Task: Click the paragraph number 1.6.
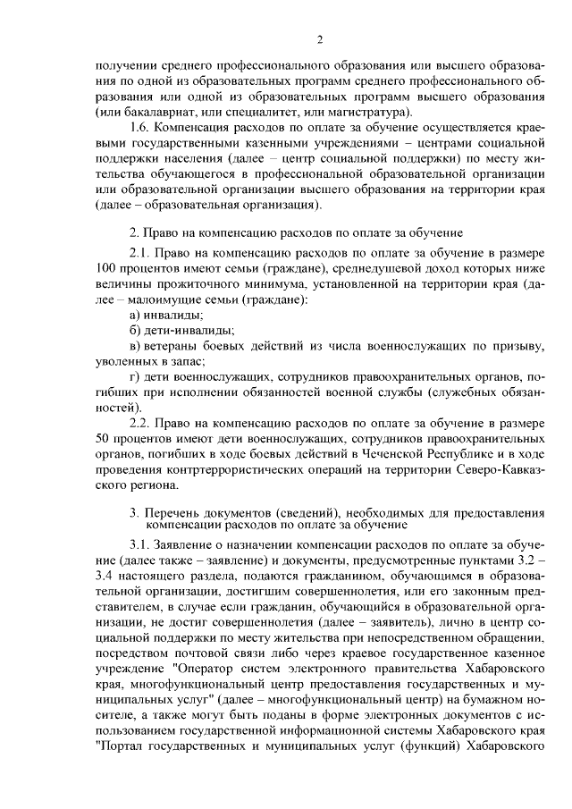click(141, 129)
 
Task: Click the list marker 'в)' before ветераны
click(136, 346)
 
